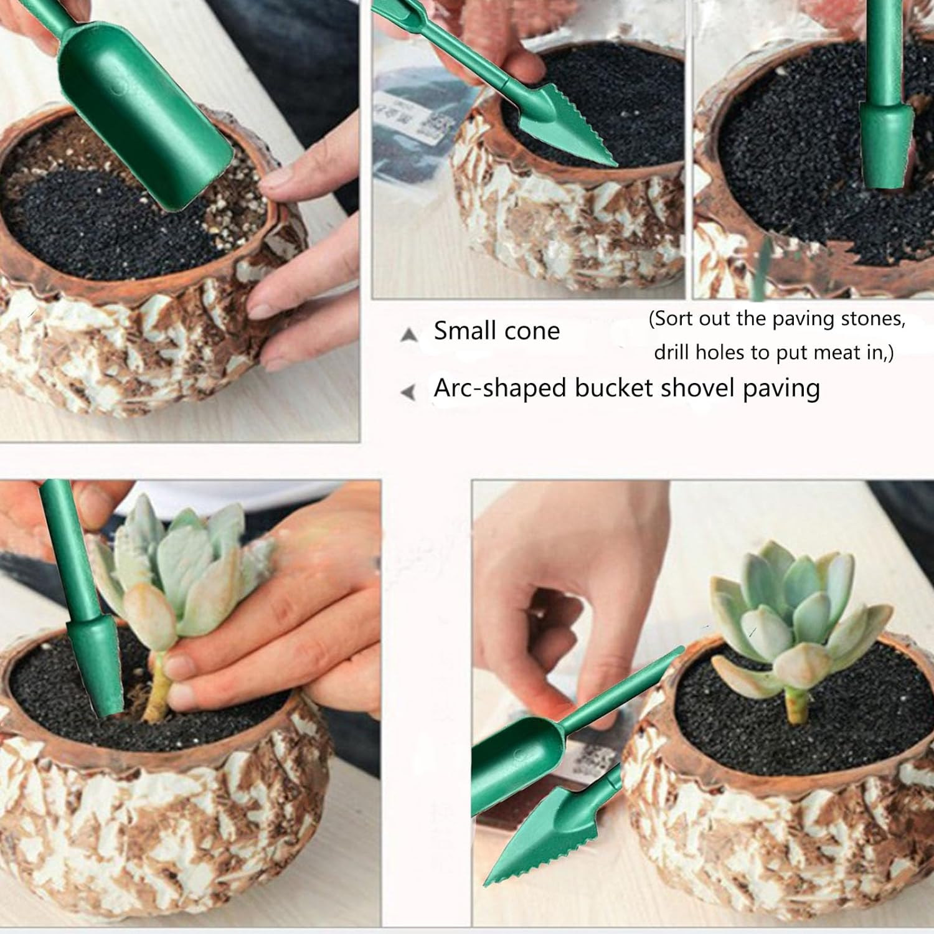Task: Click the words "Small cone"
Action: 496,331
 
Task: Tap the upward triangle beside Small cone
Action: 408,335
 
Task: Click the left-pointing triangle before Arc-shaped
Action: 408,392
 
